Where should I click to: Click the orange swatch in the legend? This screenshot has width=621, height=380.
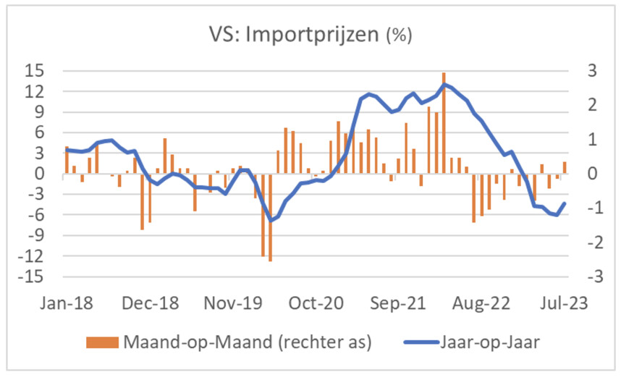(96, 342)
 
